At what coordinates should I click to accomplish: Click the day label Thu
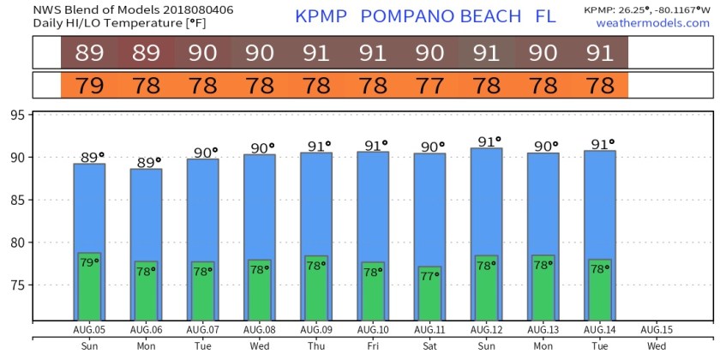click(316, 346)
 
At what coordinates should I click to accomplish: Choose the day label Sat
click(429, 346)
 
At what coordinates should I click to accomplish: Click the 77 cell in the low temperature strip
click(429, 86)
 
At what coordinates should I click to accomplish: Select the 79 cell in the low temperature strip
click(89, 86)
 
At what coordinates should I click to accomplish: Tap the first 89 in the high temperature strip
click(89, 53)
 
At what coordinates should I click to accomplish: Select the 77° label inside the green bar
click(429, 276)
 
